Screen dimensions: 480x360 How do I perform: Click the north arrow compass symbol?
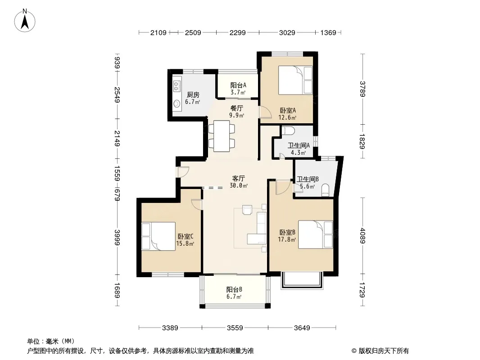(25, 20)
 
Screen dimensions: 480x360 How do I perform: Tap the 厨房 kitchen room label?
(193, 95)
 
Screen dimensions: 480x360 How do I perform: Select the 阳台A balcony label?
(238, 85)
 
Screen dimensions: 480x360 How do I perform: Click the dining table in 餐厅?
(222, 136)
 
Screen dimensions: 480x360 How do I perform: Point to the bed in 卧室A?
(295, 80)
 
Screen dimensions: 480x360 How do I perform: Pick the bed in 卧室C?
(158, 236)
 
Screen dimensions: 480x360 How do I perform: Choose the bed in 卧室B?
(315, 234)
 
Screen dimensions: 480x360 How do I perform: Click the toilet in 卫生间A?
(288, 130)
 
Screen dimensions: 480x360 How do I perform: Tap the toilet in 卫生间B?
(325, 189)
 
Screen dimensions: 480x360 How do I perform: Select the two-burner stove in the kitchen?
(177, 85)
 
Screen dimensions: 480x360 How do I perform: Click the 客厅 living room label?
(239, 178)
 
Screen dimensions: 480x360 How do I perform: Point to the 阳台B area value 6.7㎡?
(234, 297)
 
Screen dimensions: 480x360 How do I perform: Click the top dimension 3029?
(287, 32)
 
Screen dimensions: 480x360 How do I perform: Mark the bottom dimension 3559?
(235, 328)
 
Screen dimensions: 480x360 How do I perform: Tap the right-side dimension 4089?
(363, 236)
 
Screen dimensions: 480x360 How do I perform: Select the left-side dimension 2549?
(117, 95)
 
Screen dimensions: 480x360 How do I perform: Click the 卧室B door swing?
(283, 187)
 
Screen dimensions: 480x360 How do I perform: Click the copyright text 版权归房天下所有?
(384, 351)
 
